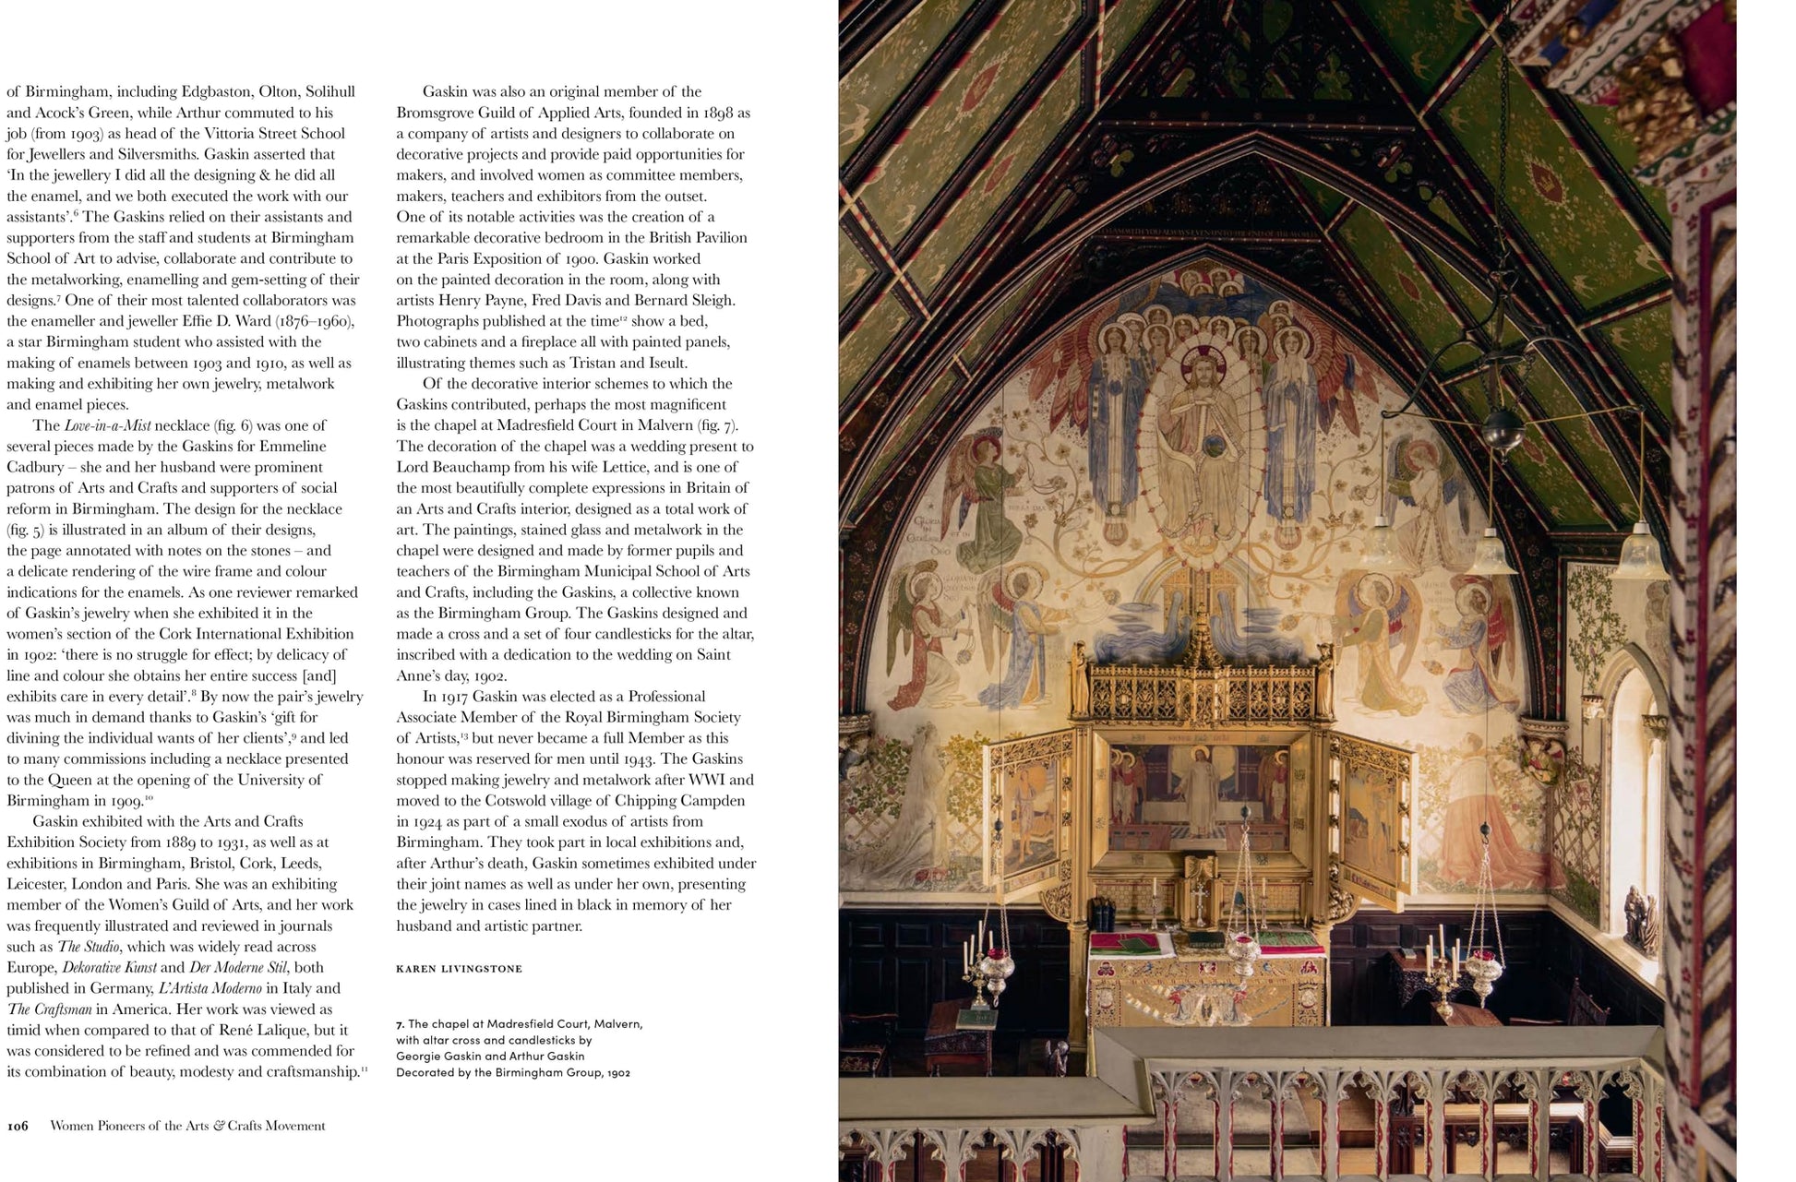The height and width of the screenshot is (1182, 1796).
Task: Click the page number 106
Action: point(18,1126)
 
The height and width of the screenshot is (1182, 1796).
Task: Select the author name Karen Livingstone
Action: point(459,969)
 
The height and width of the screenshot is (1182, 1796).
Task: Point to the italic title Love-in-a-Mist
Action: point(107,425)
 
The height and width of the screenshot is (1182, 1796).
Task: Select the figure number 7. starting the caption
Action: point(400,1023)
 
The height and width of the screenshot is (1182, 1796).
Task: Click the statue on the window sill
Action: point(1641,919)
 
